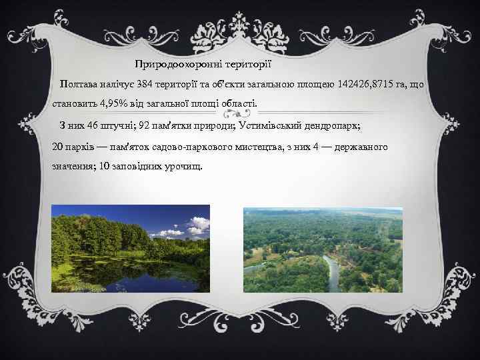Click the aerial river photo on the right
[x=323, y=250]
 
